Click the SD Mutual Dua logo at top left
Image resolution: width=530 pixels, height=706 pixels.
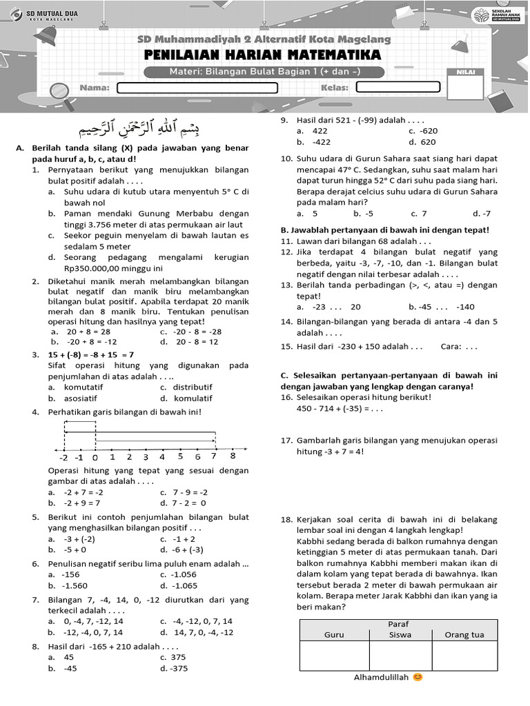41,14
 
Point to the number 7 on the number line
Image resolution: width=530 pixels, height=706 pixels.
215,456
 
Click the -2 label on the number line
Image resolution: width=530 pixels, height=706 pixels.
63,457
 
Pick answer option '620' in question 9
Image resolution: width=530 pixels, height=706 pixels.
428,142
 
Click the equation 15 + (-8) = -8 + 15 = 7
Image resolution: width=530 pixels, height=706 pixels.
92,354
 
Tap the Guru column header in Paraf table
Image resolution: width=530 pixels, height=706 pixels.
334,635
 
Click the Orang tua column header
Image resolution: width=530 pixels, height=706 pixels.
463,635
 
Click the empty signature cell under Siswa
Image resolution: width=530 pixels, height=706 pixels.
400,656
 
